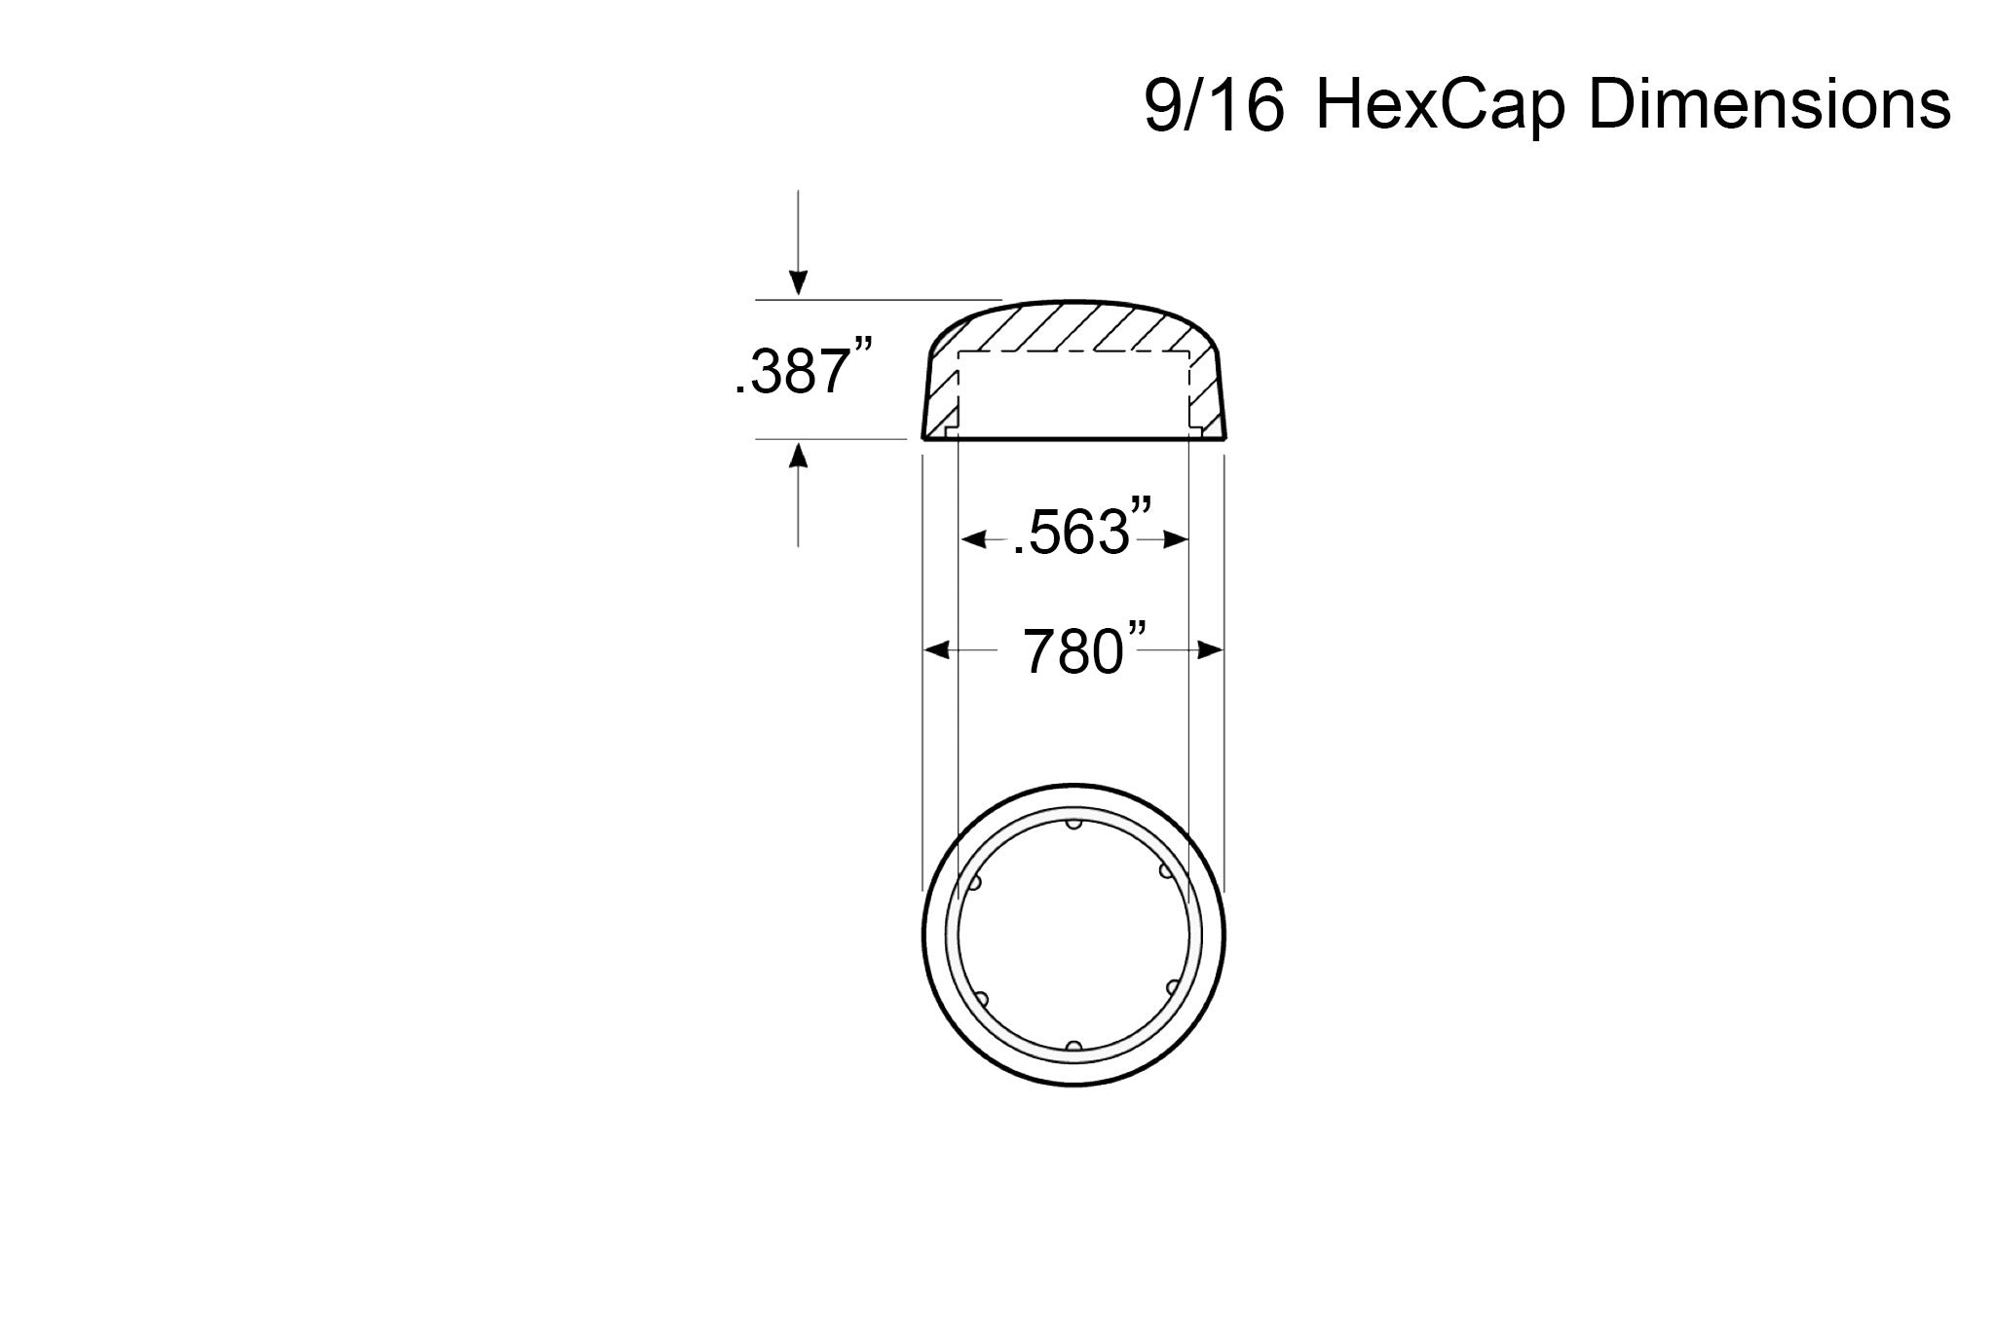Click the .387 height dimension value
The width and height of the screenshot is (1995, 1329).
[790, 372]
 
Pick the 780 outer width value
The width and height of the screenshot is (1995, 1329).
[1073, 651]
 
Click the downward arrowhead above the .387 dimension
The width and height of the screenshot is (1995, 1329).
[798, 281]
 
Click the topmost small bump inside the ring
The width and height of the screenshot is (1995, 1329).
[1073, 824]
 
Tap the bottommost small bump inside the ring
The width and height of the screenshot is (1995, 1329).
[1073, 1047]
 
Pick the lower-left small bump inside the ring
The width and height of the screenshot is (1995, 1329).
[981, 999]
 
